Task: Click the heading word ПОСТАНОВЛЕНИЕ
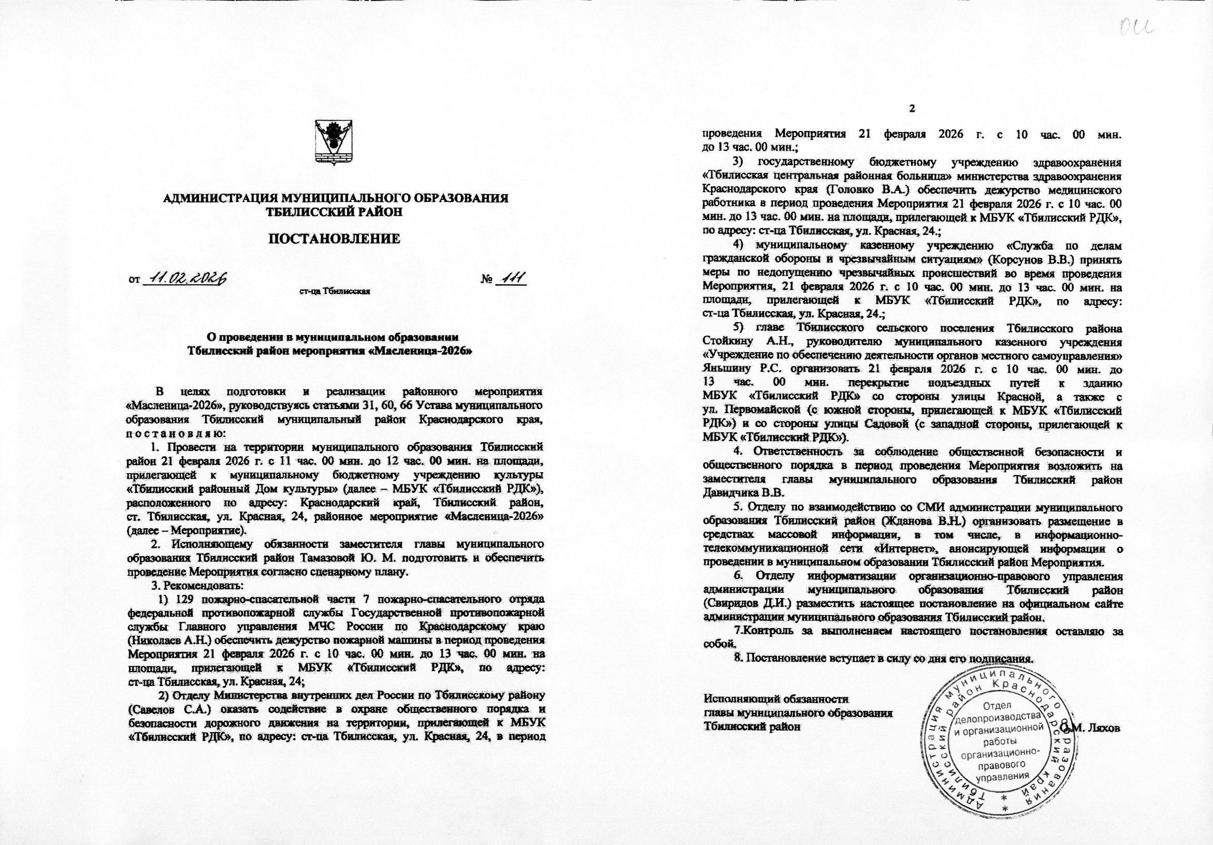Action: coord(335,239)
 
